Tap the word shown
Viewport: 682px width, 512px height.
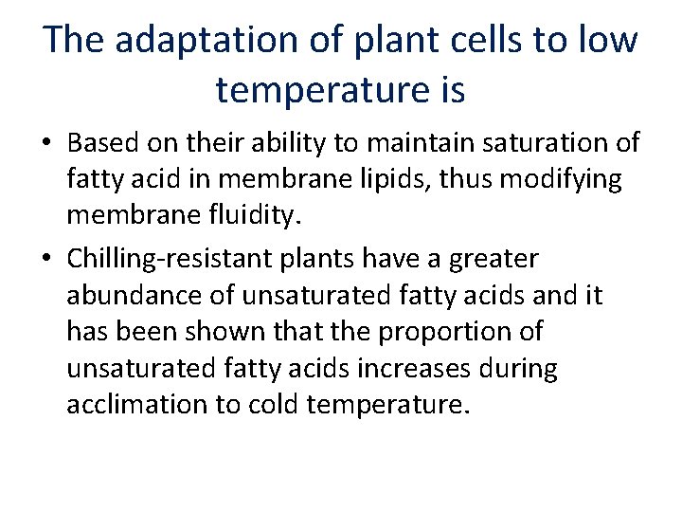point(240,331)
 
